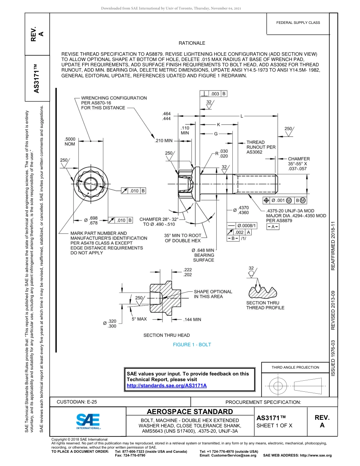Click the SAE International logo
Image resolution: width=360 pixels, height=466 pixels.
click(x=88, y=421)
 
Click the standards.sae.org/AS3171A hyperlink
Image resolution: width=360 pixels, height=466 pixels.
click(x=166, y=385)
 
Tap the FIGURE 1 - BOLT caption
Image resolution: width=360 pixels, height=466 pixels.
click(x=192, y=345)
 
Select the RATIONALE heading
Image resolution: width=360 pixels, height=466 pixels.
click(x=192, y=44)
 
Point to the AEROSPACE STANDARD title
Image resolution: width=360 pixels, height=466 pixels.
click(x=190, y=412)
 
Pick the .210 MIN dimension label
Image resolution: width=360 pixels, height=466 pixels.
click(x=164, y=141)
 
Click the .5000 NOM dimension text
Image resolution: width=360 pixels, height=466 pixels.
click(x=70, y=141)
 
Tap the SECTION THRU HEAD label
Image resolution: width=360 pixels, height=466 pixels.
click(x=167, y=335)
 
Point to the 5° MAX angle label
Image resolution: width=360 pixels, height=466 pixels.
click(x=139, y=319)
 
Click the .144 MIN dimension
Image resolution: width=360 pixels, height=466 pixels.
click(x=192, y=319)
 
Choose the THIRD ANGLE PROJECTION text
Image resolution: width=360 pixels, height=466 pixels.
click(x=295, y=367)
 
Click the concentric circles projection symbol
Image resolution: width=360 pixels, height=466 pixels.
click(x=279, y=386)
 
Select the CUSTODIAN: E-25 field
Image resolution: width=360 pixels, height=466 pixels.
click(x=77, y=402)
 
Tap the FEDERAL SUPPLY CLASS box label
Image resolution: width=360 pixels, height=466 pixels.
click(x=298, y=23)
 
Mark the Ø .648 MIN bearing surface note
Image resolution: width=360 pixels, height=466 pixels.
click(x=203, y=255)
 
